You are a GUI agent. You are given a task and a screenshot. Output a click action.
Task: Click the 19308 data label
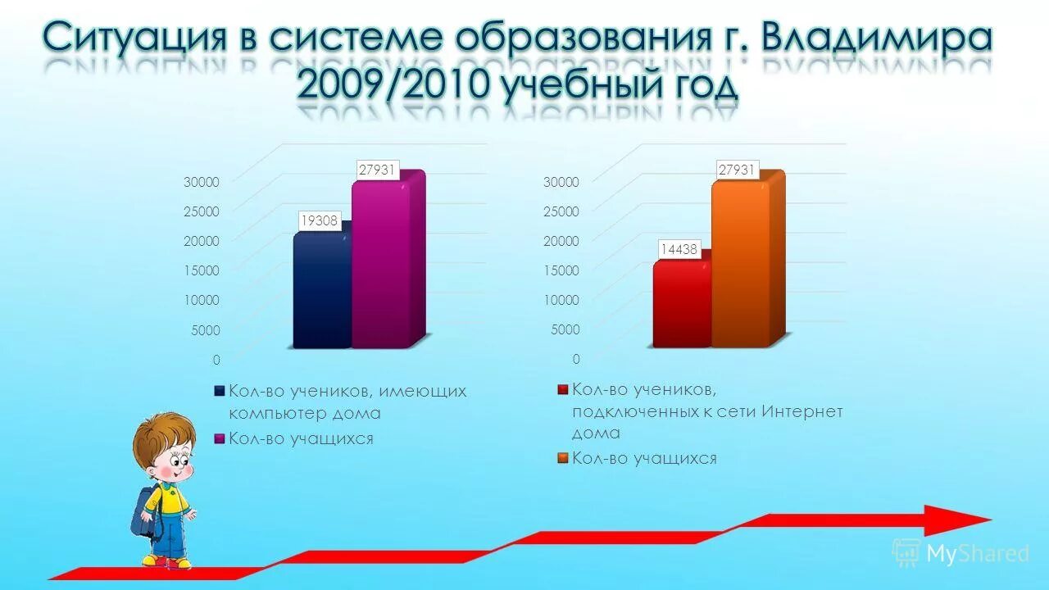tap(319, 220)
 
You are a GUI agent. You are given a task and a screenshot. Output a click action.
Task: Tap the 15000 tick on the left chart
tap(201, 270)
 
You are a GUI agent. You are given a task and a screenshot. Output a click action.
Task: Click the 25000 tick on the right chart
tap(561, 211)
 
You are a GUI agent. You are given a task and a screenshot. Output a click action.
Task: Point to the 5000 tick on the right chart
tap(564, 329)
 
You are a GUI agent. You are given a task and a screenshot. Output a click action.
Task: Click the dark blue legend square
tap(219, 392)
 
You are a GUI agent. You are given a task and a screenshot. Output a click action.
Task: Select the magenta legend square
tap(219, 439)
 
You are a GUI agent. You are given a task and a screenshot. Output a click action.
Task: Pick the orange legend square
tap(562, 459)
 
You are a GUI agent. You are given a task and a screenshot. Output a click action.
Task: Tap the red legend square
tap(562, 389)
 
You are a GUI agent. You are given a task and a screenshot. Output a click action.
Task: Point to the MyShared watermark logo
tap(960, 553)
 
